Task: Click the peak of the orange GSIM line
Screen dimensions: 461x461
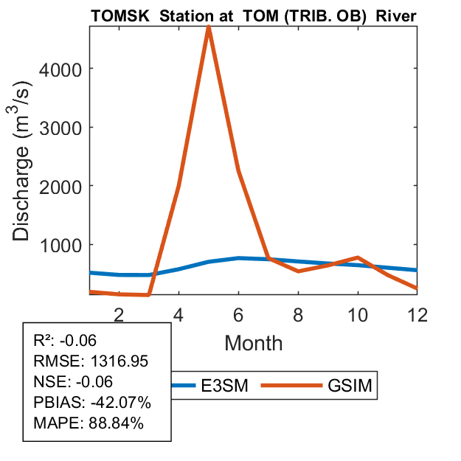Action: pos(209,27)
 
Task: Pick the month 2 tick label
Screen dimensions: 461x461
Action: pos(119,313)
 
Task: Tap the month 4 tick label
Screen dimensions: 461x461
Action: pos(178,313)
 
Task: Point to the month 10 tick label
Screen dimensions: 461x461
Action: pos(358,313)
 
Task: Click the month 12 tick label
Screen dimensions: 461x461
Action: pos(417,313)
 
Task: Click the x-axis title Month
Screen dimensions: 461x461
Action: pos(253,342)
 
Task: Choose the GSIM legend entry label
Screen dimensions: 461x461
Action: pos(349,385)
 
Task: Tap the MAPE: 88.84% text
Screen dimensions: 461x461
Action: pos(89,423)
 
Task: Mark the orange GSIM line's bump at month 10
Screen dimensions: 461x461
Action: pos(358,257)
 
